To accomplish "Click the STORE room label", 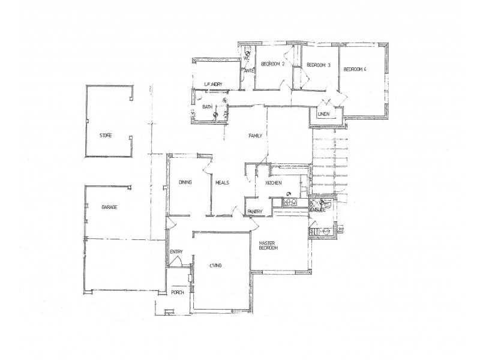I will [x=106, y=136].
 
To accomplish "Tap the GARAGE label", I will [x=109, y=207].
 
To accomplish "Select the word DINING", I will [x=185, y=182].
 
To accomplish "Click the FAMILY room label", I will [x=257, y=137].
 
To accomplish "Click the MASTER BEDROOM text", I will [x=269, y=246].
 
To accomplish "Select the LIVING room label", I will [x=215, y=265].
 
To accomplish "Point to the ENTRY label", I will [x=176, y=252].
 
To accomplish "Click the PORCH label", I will [x=178, y=293].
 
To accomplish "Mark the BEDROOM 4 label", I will [x=355, y=70].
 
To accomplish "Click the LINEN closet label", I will [x=325, y=114].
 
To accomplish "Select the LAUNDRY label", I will [x=214, y=84].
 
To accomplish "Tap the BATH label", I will [x=208, y=107].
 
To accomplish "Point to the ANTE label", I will [x=249, y=71].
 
